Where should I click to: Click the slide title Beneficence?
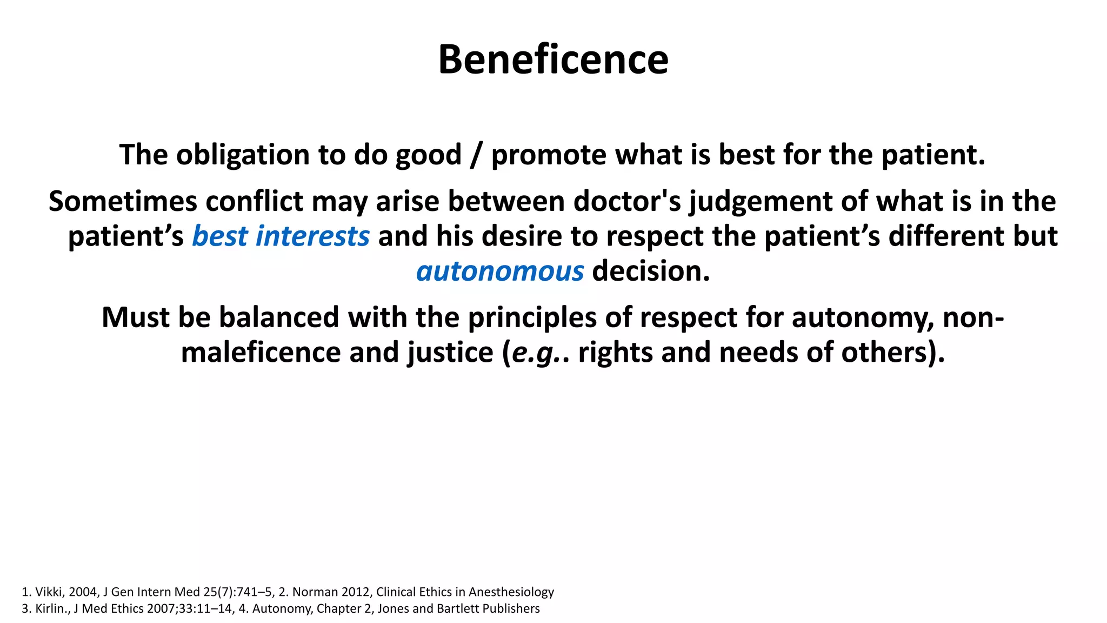[x=553, y=59]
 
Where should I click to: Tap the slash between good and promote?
[x=476, y=155]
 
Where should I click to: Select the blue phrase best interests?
[x=281, y=236]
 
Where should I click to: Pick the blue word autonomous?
[x=500, y=271]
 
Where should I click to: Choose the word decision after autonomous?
[x=650, y=271]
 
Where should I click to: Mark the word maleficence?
[x=261, y=352]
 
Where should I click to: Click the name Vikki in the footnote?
[x=49, y=592]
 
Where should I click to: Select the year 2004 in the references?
[x=82, y=592]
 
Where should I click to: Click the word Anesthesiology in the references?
[x=511, y=592]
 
